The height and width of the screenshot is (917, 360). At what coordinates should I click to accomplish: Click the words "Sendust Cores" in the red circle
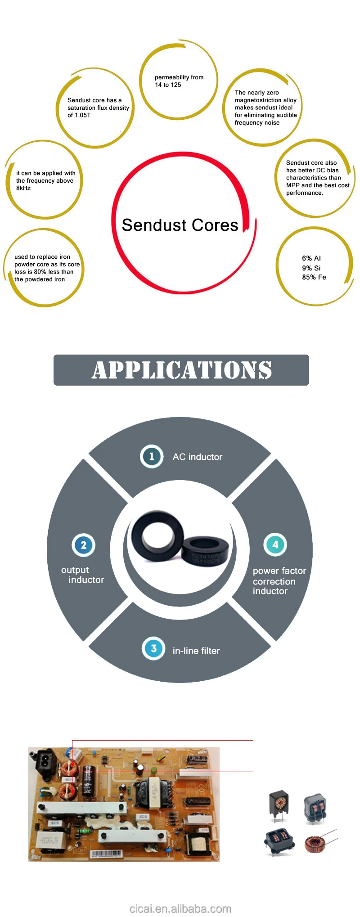180,225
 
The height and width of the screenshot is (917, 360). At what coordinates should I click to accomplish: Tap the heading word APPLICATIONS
182,370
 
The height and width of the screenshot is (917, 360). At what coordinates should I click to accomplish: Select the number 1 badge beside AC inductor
151,456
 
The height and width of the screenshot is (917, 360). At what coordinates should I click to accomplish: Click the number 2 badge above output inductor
83,545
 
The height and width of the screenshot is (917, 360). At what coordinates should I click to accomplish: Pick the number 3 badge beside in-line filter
153,648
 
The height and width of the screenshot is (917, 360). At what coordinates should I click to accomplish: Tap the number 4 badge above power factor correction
275,544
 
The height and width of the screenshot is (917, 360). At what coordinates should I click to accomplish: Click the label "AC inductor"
198,457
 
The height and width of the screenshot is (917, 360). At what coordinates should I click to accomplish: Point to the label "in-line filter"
196,651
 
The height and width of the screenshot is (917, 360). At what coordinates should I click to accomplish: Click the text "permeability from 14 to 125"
179,81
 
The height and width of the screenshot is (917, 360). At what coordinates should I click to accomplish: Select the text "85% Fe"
314,277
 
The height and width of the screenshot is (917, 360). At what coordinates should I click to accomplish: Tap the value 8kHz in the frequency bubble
23,188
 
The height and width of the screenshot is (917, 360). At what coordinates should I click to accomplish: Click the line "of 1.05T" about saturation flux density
79,115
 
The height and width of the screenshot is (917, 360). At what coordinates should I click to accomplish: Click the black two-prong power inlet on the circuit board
45,760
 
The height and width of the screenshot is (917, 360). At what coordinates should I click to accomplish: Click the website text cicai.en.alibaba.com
180,909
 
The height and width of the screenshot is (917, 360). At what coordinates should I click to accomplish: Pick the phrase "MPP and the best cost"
318,185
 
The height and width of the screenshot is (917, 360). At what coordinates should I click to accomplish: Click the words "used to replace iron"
42,257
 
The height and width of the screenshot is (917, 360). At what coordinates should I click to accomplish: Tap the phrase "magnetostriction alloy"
265,100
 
